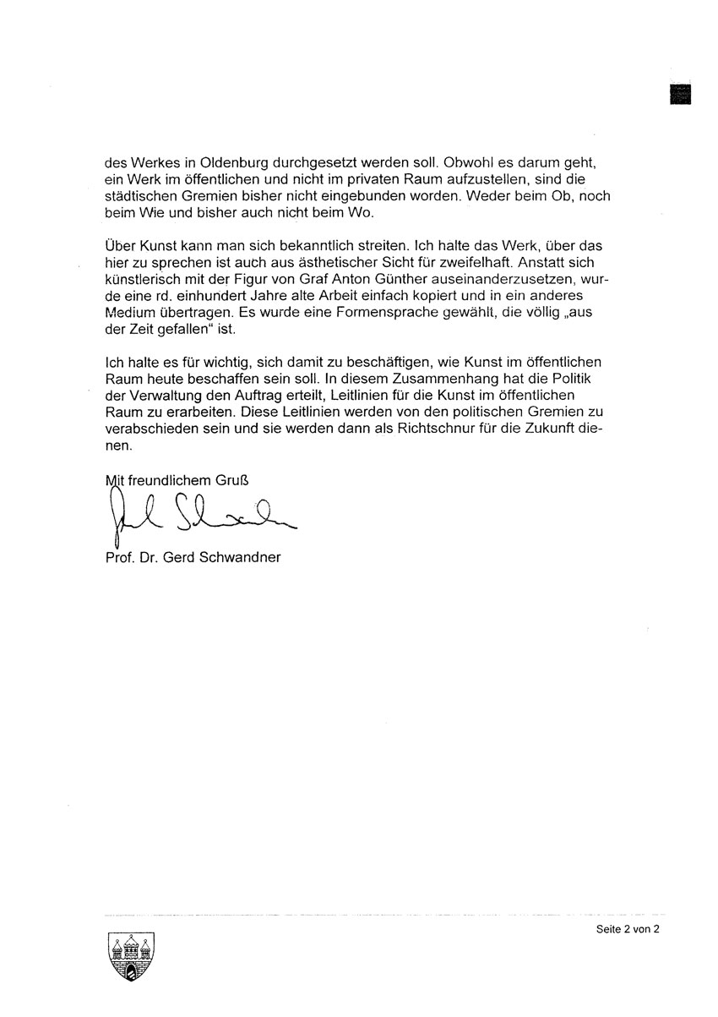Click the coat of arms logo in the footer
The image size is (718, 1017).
click(x=133, y=958)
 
